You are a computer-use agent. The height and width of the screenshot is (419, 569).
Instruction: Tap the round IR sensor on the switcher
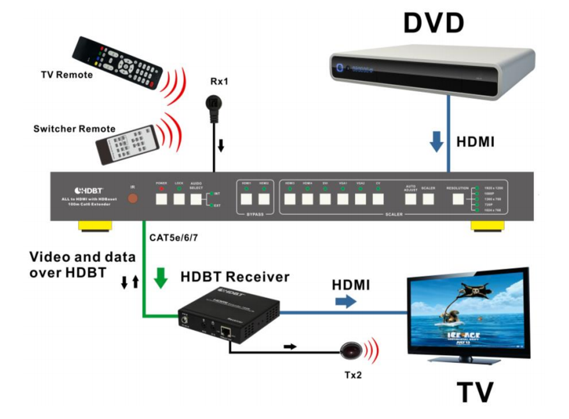click(x=134, y=199)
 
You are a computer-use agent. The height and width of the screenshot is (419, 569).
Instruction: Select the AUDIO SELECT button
click(x=196, y=199)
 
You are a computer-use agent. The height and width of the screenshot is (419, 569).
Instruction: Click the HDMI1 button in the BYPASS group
click(x=246, y=199)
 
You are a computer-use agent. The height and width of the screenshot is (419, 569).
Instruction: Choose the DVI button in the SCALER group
click(x=325, y=199)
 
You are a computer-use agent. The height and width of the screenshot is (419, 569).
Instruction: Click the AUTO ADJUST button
click(x=411, y=199)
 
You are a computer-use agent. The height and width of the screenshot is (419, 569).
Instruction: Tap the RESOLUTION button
click(x=458, y=199)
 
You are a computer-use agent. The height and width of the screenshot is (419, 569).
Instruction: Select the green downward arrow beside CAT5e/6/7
click(x=162, y=278)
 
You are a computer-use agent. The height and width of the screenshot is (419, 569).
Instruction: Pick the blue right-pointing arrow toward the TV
click(x=345, y=301)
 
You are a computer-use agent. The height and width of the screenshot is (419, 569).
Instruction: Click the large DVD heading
click(x=434, y=23)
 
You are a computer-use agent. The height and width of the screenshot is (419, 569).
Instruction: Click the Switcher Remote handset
click(x=127, y=143)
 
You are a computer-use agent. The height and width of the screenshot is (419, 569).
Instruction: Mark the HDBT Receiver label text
click(x=235, y=276)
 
